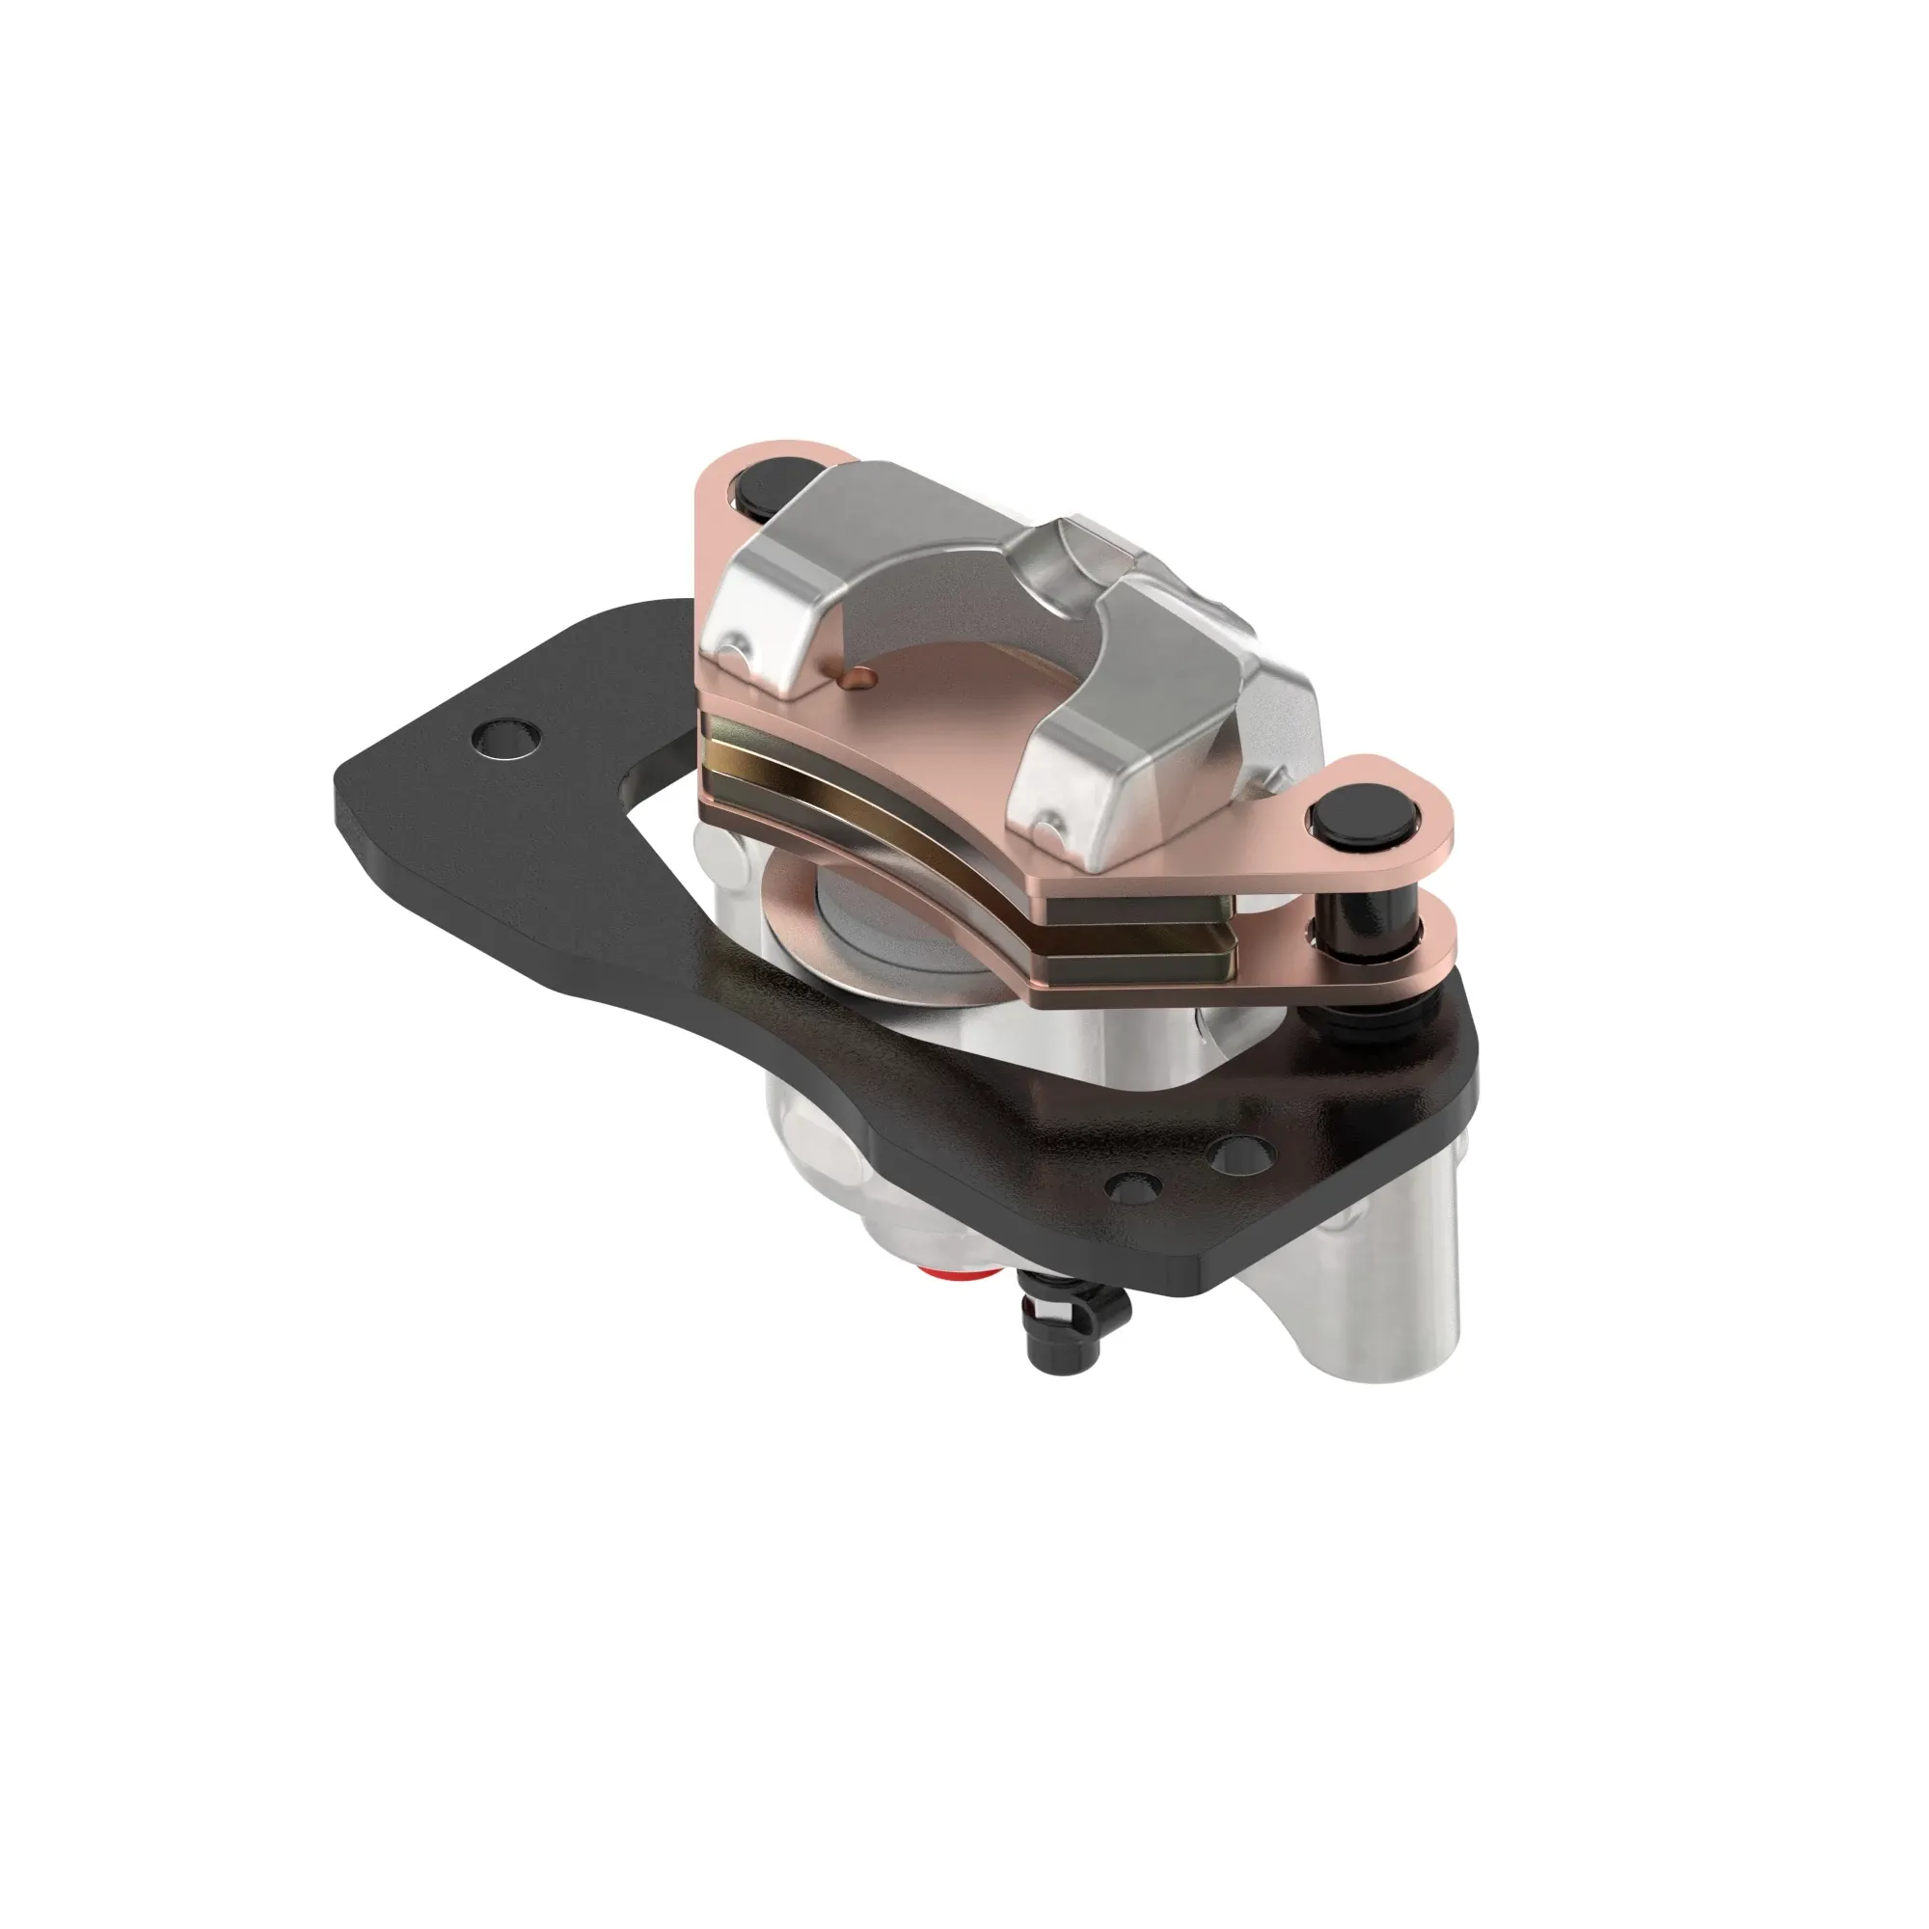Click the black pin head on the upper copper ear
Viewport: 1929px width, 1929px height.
764,491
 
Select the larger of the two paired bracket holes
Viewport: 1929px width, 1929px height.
1241,1155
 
